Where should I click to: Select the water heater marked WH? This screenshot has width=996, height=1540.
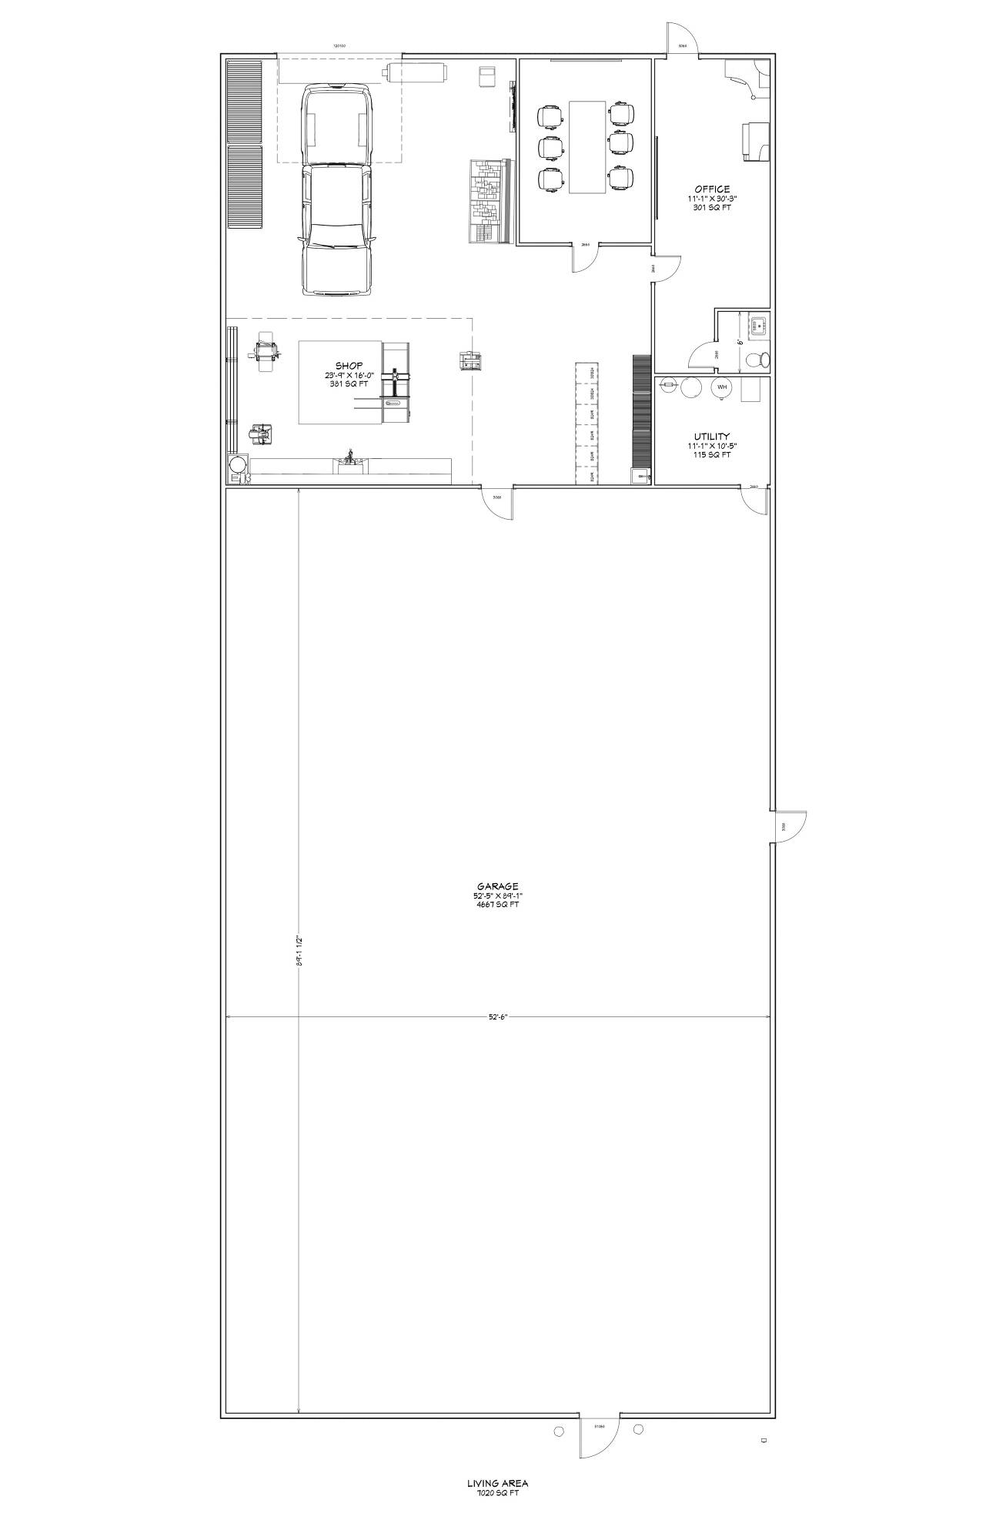721,387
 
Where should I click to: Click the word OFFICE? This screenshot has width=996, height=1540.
711,189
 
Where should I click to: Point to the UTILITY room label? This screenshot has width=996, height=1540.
711,436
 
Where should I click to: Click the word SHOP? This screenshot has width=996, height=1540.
349,366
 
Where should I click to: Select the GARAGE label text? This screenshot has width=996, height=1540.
496,886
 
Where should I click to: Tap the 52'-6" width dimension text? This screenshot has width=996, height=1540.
498,1016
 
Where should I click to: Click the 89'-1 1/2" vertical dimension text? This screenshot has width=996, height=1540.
299,952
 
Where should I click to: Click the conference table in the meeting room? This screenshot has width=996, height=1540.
587,146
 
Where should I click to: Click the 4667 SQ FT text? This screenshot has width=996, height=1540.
496,905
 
